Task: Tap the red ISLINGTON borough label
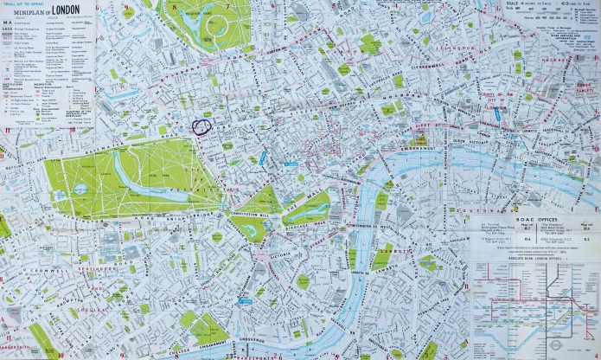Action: click(451, 48)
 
